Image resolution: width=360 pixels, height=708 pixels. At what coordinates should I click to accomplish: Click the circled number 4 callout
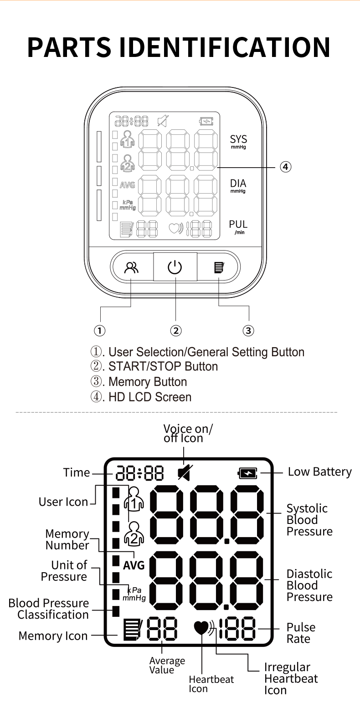[x=285, y=167]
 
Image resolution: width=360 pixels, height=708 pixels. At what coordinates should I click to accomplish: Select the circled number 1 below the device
[x=100, y=330]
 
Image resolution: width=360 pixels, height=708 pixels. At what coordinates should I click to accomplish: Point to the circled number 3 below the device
[x=248, y=330]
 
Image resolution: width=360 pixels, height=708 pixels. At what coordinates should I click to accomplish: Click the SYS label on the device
[x=238, y=139]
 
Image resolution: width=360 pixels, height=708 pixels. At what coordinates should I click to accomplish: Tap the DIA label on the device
[x=238, y=184]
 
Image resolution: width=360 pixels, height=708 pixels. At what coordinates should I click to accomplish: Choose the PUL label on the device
[x=238, y=224]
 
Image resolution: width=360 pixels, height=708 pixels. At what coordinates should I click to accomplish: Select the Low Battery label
[x=319, y=472]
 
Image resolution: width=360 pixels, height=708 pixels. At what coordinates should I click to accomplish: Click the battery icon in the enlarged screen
[x=248, y=474]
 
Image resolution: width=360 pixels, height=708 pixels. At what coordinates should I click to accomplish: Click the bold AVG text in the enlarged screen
[x=134, y=565]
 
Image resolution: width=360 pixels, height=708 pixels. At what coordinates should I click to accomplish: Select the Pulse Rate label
[x=301, y=633]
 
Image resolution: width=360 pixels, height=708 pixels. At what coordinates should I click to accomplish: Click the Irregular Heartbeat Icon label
[x=291, y=679]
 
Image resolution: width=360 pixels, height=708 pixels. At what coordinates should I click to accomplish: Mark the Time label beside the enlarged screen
[x=77, y=472]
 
